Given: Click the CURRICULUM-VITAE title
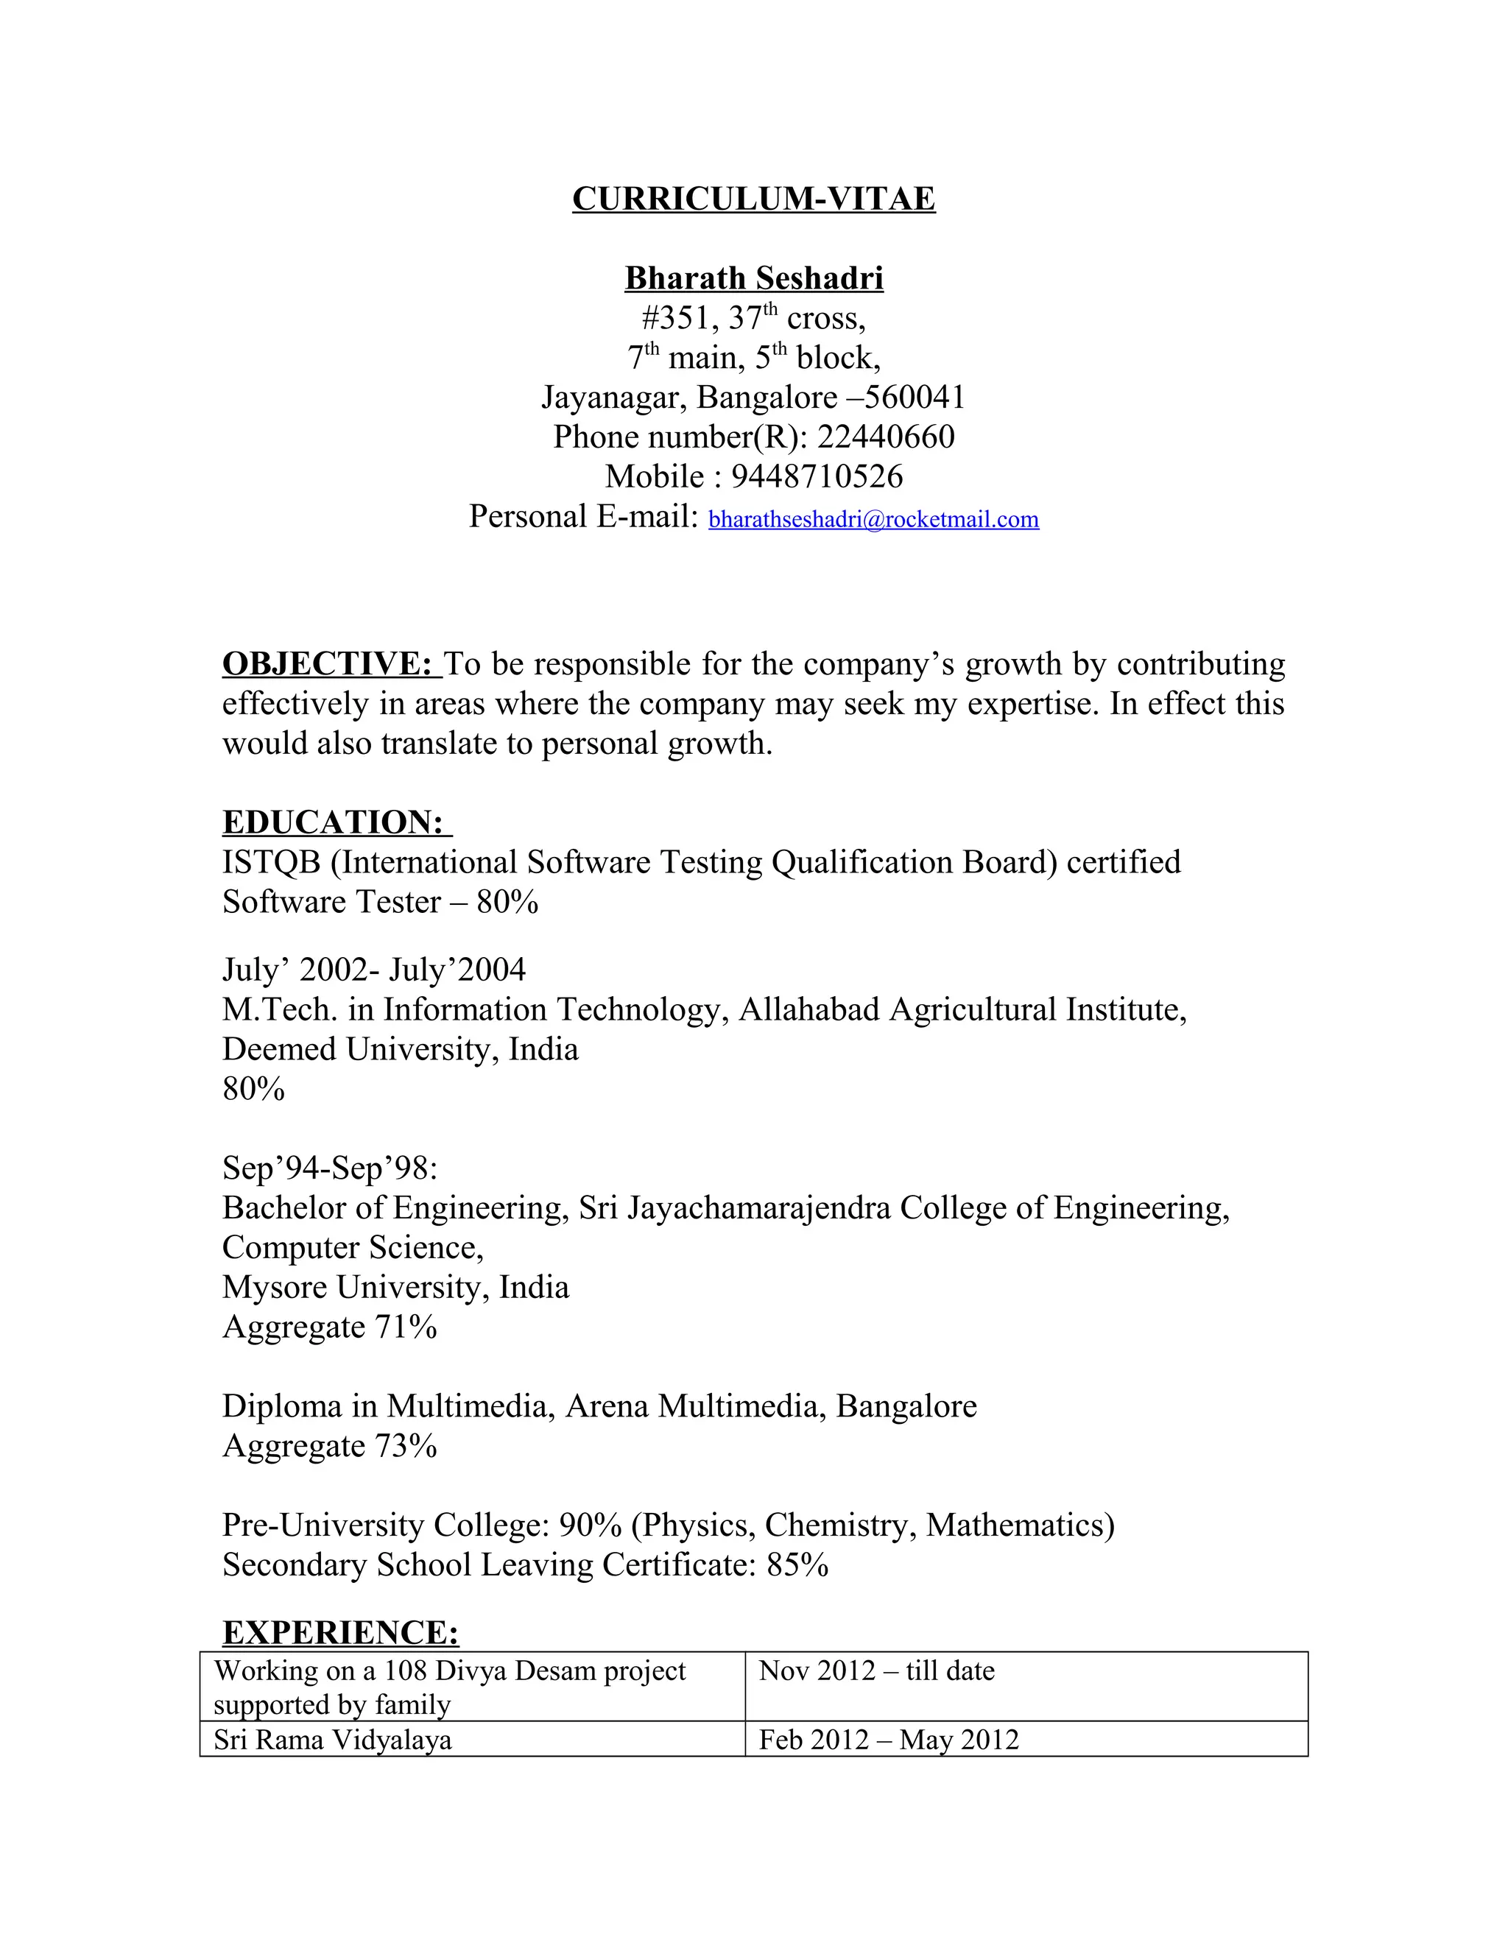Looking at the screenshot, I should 753,198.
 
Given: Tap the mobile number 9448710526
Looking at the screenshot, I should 817,476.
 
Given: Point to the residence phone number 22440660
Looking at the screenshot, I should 885,437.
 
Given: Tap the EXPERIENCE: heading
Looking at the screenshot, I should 340,1632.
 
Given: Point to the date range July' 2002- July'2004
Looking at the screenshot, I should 373,970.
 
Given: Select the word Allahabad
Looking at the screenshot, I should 808,1009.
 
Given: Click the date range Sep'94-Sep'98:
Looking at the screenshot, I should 330,1168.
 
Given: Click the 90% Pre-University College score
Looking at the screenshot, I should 590,1525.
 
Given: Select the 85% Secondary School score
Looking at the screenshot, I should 797,1565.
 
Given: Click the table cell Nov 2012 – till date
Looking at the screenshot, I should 875,1670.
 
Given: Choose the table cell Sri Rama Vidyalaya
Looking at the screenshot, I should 332,1739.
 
